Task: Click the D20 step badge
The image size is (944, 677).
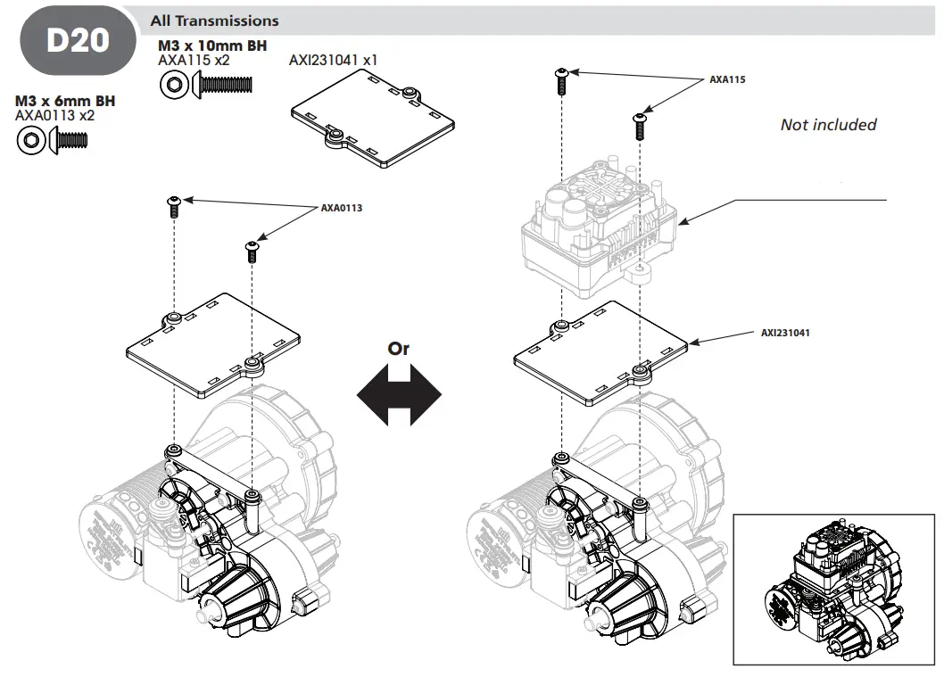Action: tap(77, 41)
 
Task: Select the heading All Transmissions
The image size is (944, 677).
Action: tap(214, 21)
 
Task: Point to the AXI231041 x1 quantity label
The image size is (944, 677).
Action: tap(334, 61)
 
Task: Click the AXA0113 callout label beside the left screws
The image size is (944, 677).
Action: tap(342, 207)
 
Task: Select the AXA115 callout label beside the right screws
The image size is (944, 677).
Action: tap(727, 79)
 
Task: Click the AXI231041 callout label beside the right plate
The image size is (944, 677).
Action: tap(785, 332)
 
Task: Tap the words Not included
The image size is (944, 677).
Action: tap(828, 125)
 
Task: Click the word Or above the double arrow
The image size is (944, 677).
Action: tap(399, 349)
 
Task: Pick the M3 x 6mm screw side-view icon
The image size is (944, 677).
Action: tap(70, 139)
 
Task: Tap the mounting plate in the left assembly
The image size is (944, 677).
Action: tap(212, 343)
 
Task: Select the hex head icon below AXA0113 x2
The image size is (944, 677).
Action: tap(32, 140)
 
